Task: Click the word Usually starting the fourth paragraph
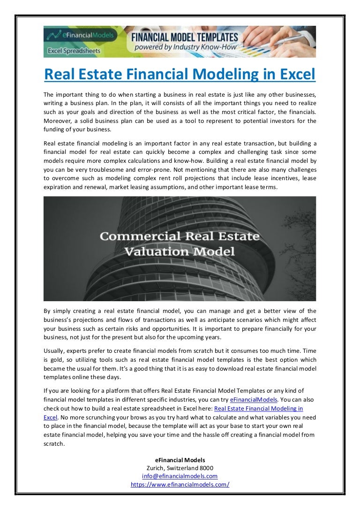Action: click(56, 350)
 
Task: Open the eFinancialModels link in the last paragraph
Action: click(254, 399)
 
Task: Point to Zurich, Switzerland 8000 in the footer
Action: click(180, 468)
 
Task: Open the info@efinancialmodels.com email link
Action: click(180, 476)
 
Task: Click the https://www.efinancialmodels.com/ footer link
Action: click(180, 485)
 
